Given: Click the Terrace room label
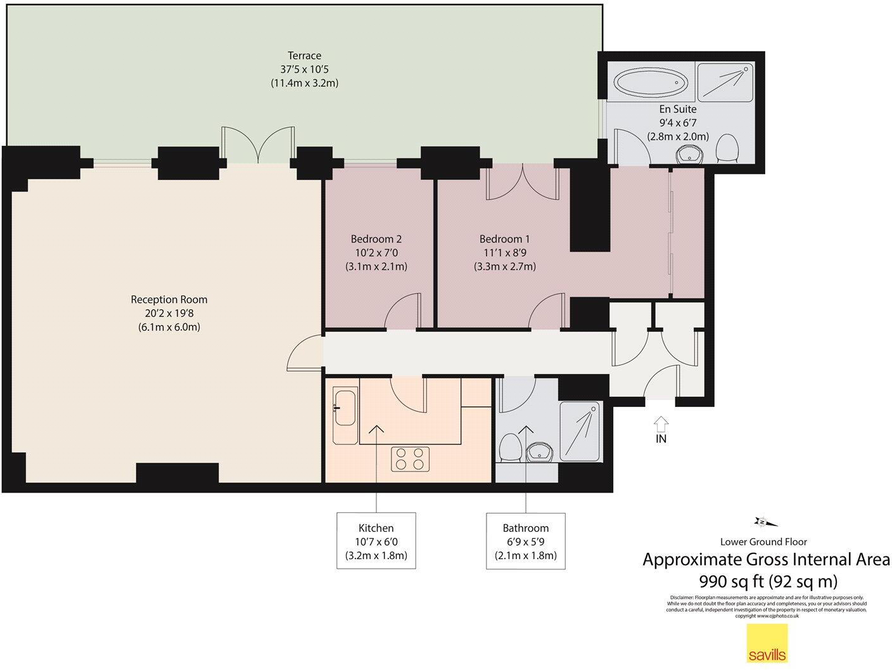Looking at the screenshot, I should point(304,69).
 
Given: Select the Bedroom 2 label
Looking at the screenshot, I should point(376,252).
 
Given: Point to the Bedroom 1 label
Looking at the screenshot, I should point(505,252).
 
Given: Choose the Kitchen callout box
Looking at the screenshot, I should point(376,541).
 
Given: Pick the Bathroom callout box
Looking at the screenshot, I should point(526,541).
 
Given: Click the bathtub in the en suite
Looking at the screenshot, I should point(651,82).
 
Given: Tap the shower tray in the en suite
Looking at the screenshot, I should point(725,81).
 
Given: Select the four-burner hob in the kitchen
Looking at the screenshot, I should point(410,459).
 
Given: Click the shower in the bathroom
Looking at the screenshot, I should point(580,431).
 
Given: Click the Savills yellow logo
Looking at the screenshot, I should point(767,643).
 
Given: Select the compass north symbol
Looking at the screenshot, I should point(762,522).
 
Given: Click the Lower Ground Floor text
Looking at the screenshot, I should point(763,541).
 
